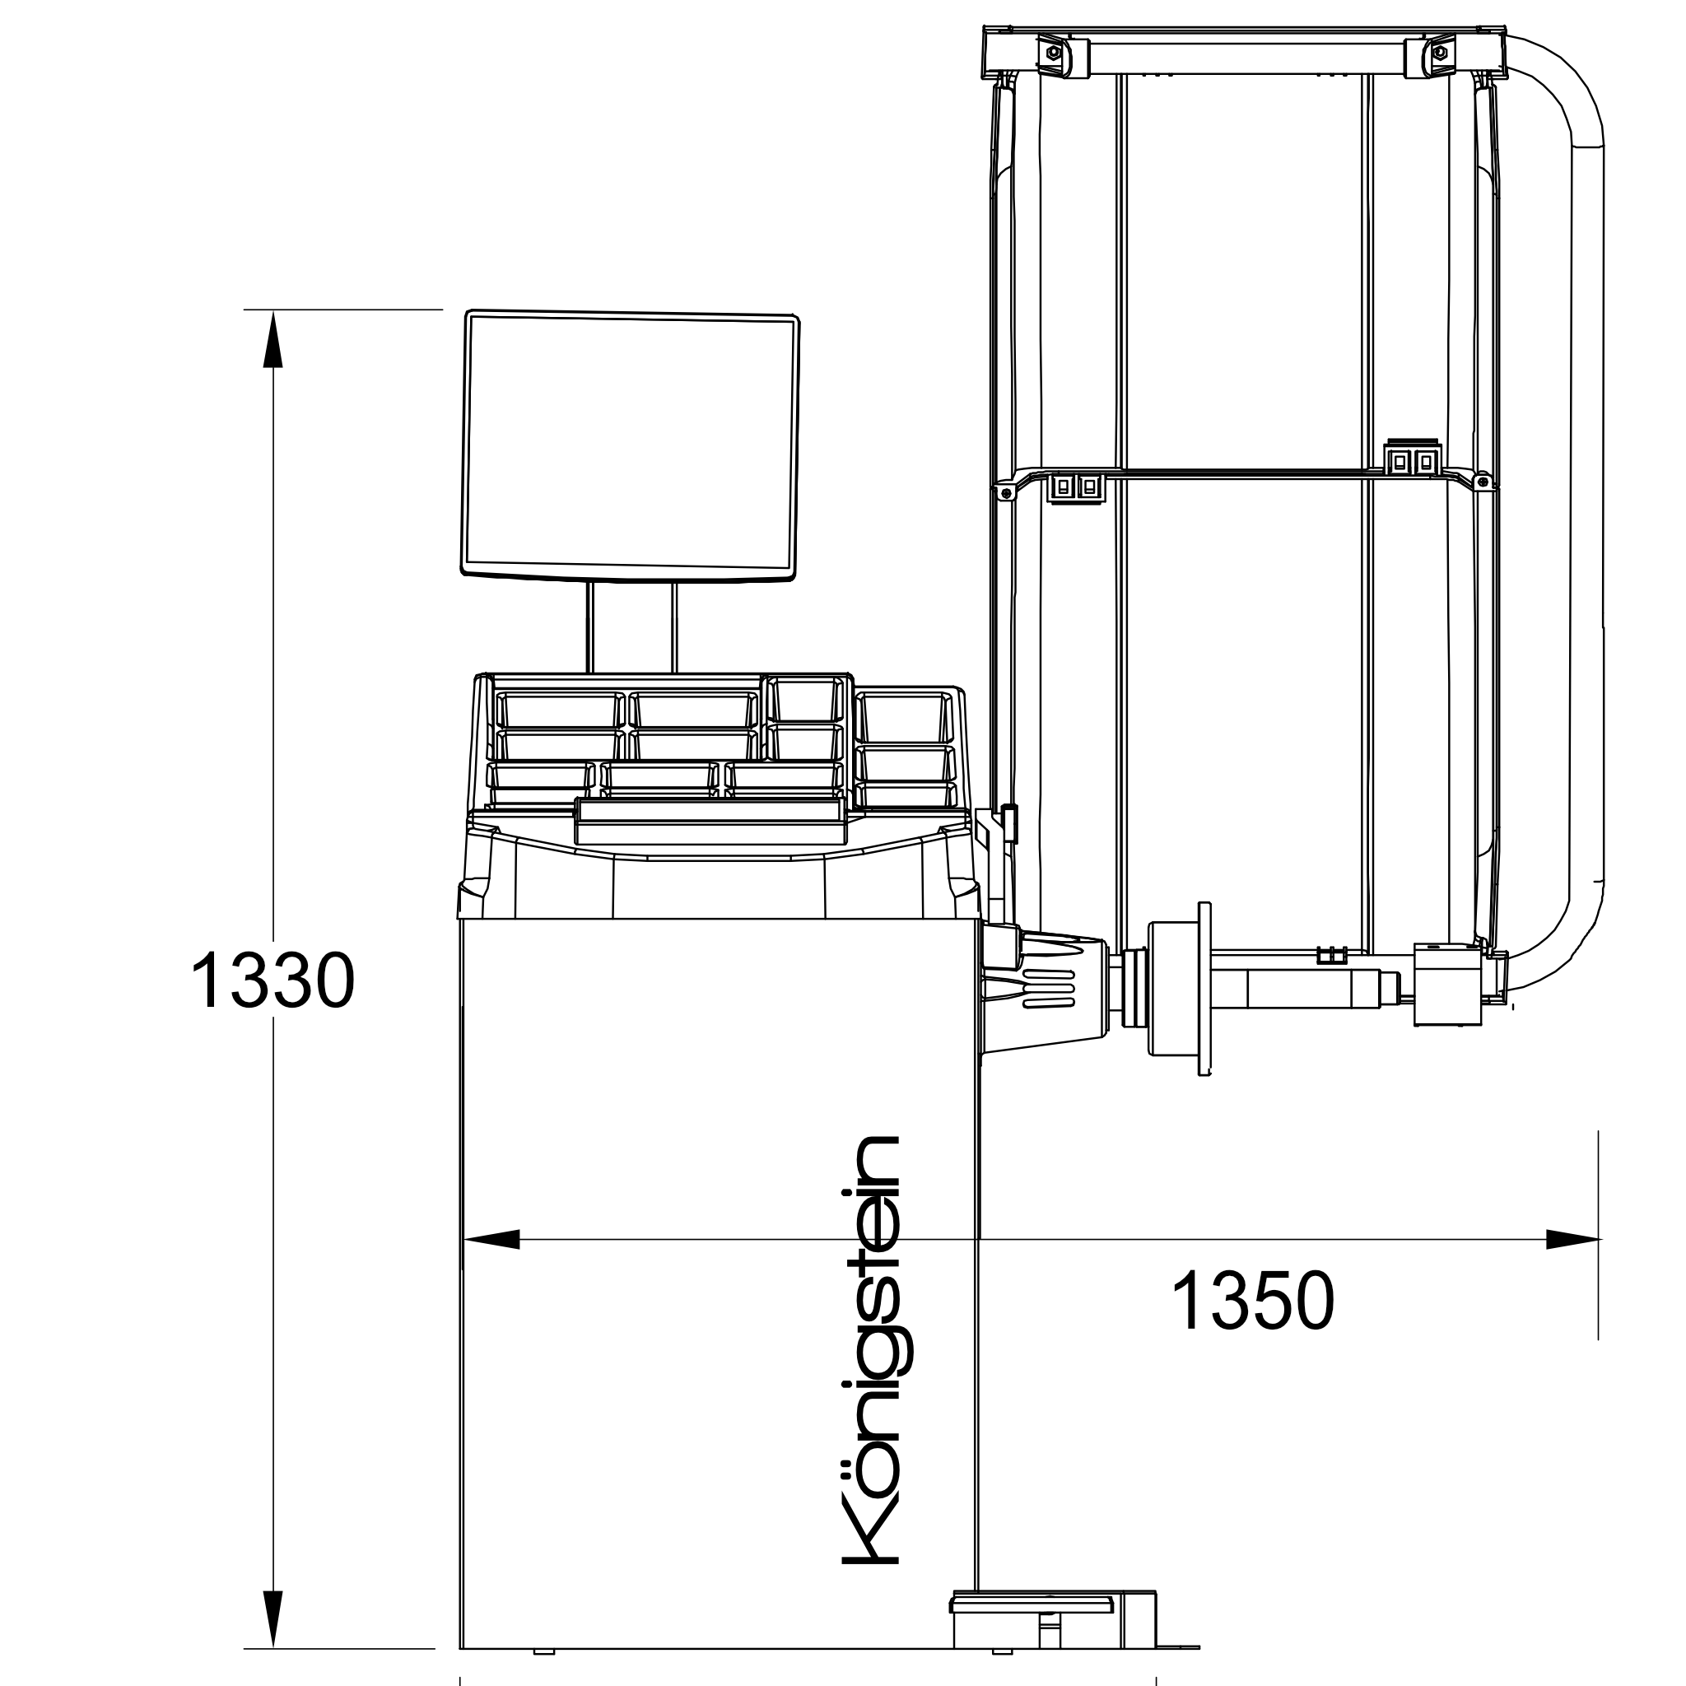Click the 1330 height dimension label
coord(272,980)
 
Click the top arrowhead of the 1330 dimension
coord(273,340)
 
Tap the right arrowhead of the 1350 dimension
coord(1572,1238)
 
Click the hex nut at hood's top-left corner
coord(1051,54)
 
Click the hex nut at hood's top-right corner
coord(1438,54)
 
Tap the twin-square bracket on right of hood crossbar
coord(1412,459)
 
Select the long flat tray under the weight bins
coord(710,820)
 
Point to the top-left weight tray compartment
coord(557,709)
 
